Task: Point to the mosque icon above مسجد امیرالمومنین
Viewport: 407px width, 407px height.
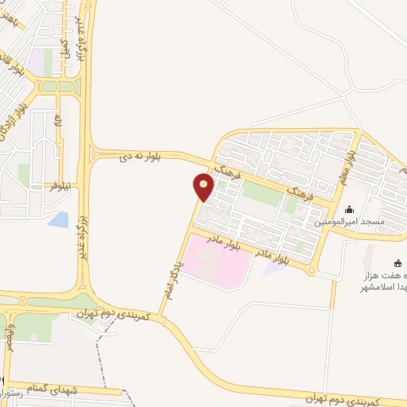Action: click(350, 210)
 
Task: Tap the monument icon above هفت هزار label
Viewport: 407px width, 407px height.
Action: click(397, 263)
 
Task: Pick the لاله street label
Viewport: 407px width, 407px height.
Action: click(58, 122)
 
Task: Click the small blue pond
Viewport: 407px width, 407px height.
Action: click(58, 219)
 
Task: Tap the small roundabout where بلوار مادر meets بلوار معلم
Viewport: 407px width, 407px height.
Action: click(312, 272)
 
